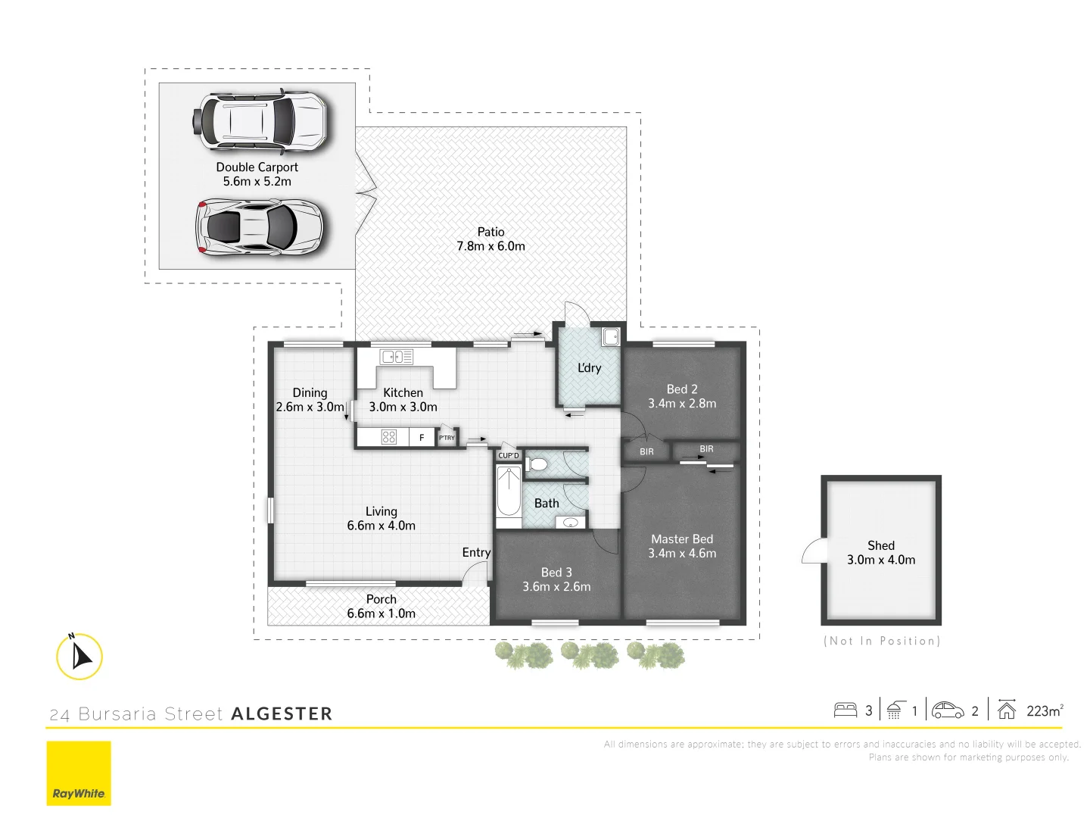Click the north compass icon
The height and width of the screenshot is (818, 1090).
click(79, 656)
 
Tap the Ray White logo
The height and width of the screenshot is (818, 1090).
click(79, 773)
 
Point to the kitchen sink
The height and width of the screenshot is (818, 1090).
click(397, 357)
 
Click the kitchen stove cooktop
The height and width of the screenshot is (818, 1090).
click(389, 437)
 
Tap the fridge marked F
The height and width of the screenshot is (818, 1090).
click(422, 437)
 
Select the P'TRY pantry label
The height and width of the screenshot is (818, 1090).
click(447, 438)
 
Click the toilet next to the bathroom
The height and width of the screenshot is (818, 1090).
click(537, 464)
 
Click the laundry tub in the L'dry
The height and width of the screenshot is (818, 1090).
click(611, 336)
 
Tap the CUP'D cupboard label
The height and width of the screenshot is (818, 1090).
click(509, 455)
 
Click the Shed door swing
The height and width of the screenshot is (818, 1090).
click(813, 551)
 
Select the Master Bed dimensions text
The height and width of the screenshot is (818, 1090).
click(682, 554)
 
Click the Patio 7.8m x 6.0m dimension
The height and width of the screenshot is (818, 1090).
click(490, 246)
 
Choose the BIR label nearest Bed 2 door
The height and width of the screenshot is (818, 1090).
click(646, 451)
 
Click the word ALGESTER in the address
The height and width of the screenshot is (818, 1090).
click(282, 713)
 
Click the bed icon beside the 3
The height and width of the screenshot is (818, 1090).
click(845, 710)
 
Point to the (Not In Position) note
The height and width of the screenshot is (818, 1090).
click(882, 641)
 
